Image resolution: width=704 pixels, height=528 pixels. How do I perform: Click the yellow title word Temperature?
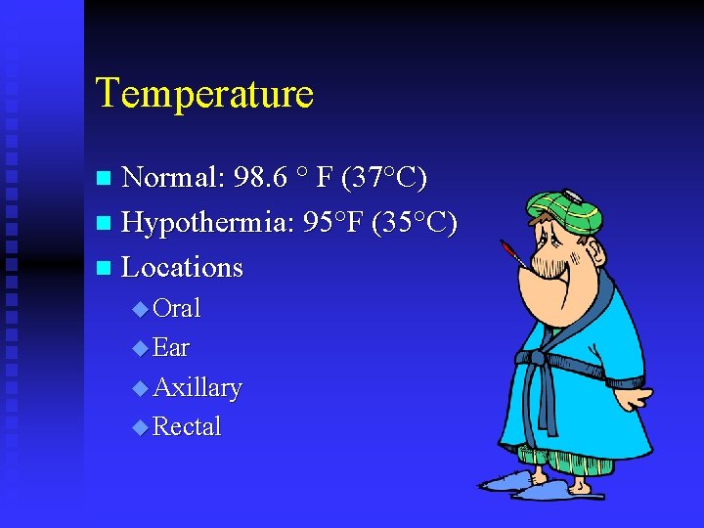click(x=204, y=94)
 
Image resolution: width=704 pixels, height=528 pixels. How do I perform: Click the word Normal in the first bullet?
click(x=173, y=177)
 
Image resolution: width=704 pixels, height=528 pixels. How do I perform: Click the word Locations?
click(x=182, y=267)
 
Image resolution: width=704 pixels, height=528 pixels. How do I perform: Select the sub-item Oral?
click(x=177, y=308)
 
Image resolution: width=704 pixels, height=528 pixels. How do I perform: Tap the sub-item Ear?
click(x=171, y=347)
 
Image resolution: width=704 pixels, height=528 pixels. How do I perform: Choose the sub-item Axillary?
click(x=198, y=387)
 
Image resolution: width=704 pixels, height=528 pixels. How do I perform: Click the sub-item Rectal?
click(x=187, y=426)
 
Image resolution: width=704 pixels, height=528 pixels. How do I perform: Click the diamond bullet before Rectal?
click(x=140, y=427)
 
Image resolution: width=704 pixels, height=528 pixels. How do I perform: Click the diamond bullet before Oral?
click(x=140, y=309)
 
